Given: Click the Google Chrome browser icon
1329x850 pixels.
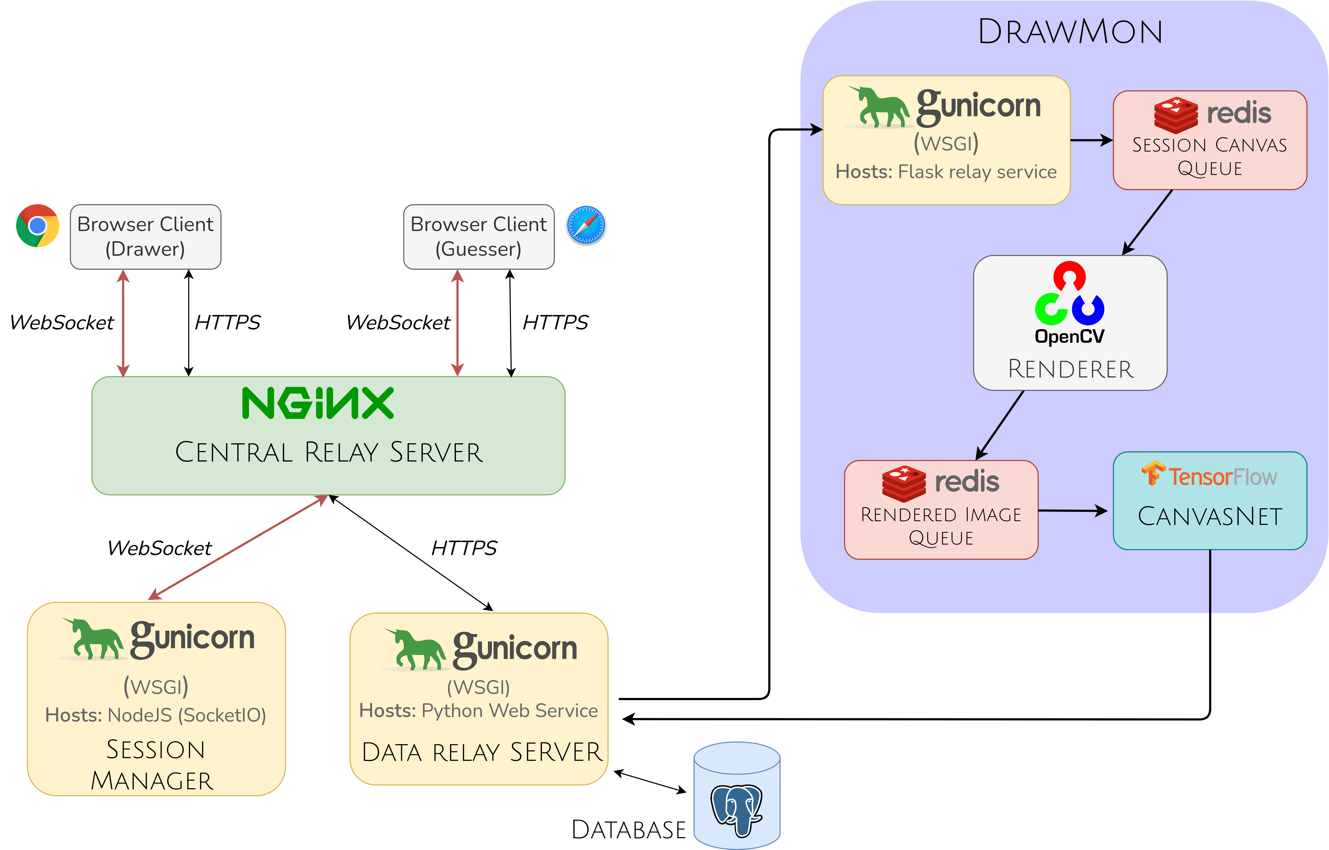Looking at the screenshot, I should [x=38, y=226].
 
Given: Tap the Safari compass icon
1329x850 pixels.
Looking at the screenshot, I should [x=586, y=225].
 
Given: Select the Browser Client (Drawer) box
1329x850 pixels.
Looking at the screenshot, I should [x=145, y=237].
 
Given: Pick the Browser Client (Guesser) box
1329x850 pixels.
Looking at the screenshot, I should [x=479, y=237].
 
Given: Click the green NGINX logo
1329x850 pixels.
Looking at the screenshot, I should [x=318, y=404].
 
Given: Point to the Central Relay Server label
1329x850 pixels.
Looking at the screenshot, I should [x=329, y=453].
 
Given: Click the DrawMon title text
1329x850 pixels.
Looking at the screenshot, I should [x=1070, y=32].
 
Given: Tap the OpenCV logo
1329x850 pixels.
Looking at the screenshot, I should [x=1070, y=304].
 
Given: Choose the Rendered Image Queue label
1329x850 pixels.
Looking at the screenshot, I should [x=941, y=526].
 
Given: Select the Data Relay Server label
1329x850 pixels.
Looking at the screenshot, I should [x=482, y=752].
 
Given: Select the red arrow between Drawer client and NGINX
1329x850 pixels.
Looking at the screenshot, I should [x=123, y=323].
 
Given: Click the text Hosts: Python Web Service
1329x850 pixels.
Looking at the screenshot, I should [x=478, y=711].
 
